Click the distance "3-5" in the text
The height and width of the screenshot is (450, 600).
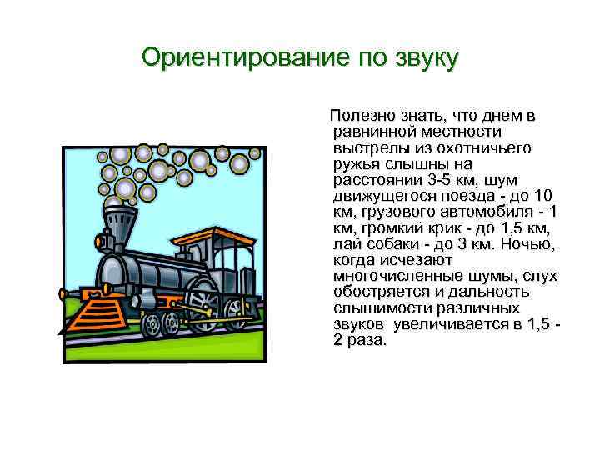pos(437,178)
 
